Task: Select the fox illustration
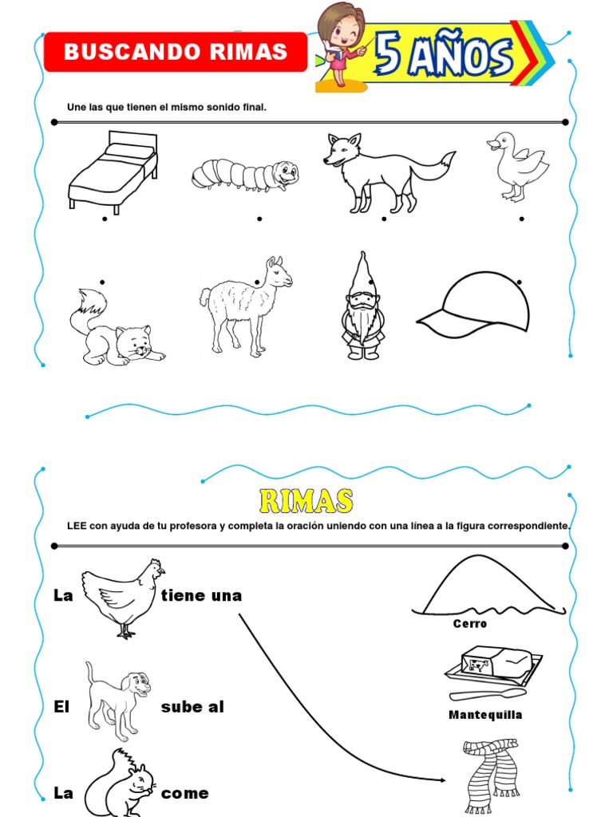click(x=383, y=172)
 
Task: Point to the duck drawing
click(x=517, y=166)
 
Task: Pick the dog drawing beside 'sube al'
click(x=118, y=700)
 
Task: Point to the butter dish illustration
click(x=490, y=669)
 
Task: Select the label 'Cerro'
click(x=470, y=624)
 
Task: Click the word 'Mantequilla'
click(x=485, y=715)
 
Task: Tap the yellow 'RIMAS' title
click(x=306, y=501)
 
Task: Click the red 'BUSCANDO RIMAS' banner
click(x=176, y=53)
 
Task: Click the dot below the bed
click(x=105, y=218)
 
